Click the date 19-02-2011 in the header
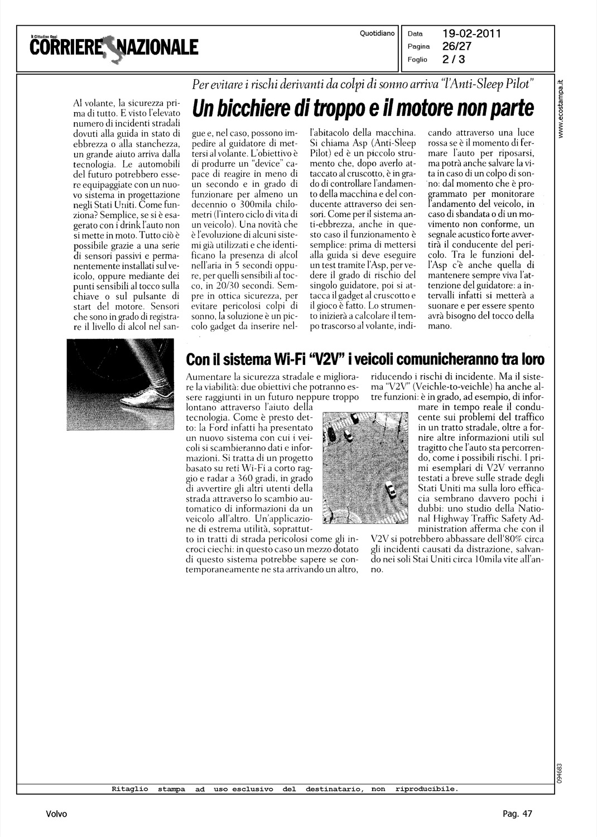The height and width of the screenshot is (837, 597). [x=472, y=33]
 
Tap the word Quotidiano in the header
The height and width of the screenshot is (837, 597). [x=377, y=34]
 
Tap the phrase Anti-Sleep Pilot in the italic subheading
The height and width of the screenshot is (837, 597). [x=489, y=84]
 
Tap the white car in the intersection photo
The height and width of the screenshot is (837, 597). [x=391, y=490]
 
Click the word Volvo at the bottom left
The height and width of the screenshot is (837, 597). [x=57, y=814]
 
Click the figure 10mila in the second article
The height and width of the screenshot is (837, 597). [x=487, y=559]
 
